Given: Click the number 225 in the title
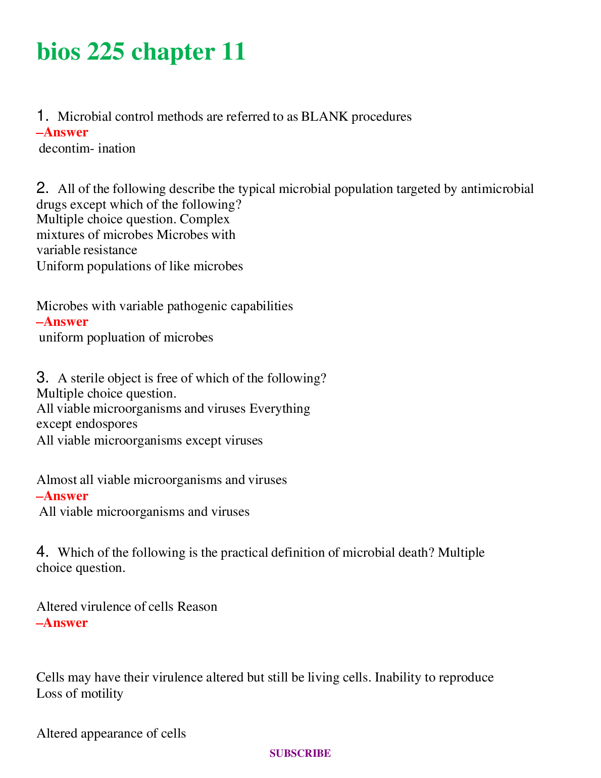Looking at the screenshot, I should click(x=105, y=52).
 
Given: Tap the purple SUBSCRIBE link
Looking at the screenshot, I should click(x=300, y=753).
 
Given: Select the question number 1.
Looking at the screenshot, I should click(x=42, y=116).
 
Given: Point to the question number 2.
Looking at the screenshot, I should click(x=42, y=188).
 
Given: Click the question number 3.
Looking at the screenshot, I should click(x=42, y=377).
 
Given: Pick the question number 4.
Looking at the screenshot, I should click(x=42, y=552).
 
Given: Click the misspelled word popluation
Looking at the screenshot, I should click(x=116, y=337).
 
